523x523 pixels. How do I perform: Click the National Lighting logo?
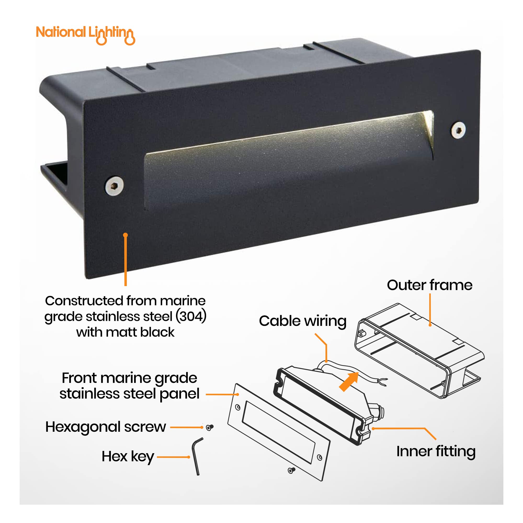[x=86, y=35]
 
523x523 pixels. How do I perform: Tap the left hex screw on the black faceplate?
[x=114, y=186]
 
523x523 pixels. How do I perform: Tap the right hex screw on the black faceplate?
[x=458, y=130]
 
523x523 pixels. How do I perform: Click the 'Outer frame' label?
[x=430, y=285]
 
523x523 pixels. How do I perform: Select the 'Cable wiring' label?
[x=303, y=321]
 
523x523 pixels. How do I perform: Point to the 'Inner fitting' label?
[x=436, y=452]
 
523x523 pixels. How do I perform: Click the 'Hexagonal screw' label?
[x=106, y=427]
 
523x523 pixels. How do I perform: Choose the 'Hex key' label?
[x=128, y=457]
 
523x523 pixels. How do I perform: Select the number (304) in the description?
[x=191, y=316]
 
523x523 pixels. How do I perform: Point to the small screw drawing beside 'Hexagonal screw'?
[x=209, y=427]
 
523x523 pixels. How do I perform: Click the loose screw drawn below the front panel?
[x=291, y=470]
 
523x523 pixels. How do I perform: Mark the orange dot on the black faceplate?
[x=125, y=235]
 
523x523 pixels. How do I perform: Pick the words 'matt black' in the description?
[x=140, y=332]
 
